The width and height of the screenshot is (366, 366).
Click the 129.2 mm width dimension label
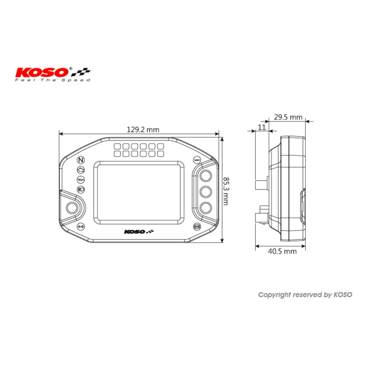point(142,129)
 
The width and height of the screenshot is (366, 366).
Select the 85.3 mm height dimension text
point(225,191)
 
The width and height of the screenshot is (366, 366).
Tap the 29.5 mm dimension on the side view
point(288,117)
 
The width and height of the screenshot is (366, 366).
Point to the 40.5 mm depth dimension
point(281,251)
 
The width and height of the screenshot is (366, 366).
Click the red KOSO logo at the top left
point(43,72)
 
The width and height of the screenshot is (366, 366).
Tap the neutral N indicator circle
point(81,160)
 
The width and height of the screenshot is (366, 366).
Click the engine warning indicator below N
point(81,170)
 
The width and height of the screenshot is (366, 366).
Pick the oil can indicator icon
point(81,179)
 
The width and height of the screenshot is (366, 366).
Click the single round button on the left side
point(72,208)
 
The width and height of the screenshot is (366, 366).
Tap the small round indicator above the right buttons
point(197,160)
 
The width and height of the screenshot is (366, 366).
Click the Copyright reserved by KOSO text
point(305,295)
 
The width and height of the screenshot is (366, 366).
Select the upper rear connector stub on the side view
point(260,183)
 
